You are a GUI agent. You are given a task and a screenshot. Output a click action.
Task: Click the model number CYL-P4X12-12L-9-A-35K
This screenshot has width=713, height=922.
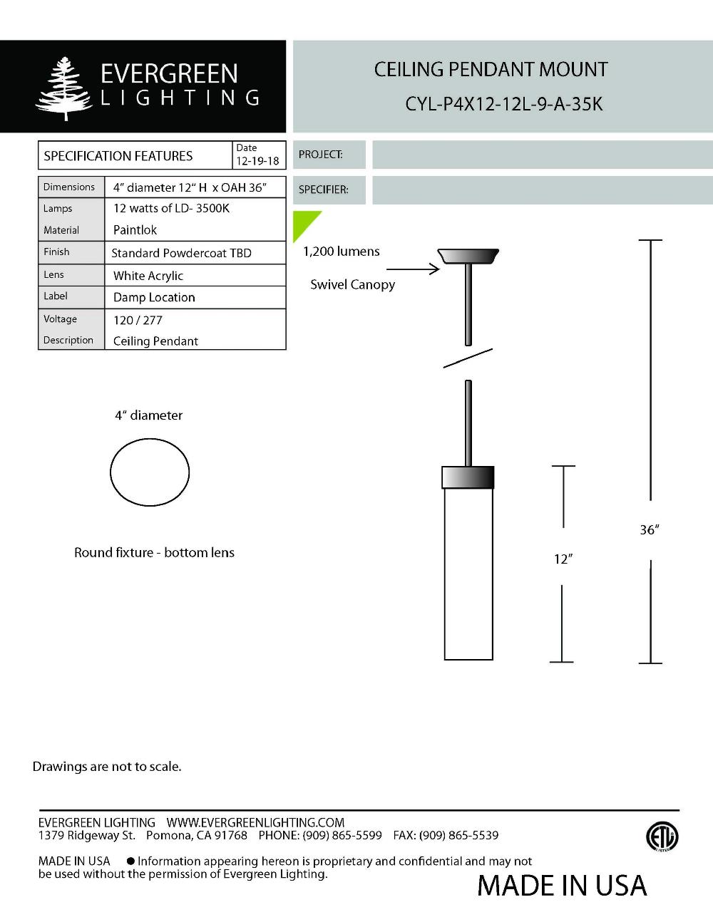tap(503, 104)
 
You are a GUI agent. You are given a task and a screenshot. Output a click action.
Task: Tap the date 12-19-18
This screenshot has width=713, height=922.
tap(257, 161)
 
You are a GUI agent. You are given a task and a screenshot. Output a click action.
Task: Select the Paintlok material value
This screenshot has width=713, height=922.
tap(135, 230)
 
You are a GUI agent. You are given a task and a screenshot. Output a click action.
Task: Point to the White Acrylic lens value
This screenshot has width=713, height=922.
tap(148, 276)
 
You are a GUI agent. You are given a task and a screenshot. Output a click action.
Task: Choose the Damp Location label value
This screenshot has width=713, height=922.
tap(154, 297)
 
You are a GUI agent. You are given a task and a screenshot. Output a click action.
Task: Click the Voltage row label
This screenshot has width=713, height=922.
tap(60, 319)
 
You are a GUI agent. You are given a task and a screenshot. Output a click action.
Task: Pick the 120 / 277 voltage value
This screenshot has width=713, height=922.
tap(138, 320)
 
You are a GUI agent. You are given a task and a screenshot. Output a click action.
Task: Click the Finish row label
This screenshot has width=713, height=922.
tap(56, 252)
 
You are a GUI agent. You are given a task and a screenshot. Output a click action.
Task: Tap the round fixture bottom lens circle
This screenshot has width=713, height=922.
tap(150, 472)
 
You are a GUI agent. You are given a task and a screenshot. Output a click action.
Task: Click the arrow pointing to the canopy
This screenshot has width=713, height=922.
tap(414, 269)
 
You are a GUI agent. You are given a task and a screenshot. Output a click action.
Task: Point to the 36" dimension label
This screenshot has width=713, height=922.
tap(649, 530)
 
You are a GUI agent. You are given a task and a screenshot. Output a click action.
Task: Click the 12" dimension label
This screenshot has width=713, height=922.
tap(563, 559)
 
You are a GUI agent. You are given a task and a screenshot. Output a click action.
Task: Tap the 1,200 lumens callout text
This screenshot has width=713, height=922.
tap(341, 252)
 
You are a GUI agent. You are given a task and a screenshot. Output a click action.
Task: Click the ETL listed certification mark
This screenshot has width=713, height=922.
tap(662, 836)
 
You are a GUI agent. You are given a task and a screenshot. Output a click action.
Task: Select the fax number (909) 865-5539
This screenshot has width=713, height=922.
tap(458, 835)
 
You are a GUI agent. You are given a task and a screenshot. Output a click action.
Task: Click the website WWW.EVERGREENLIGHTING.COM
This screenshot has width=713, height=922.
tap(255, 822)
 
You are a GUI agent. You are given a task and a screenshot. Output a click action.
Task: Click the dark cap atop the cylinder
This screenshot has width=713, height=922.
tap(468, 477)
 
